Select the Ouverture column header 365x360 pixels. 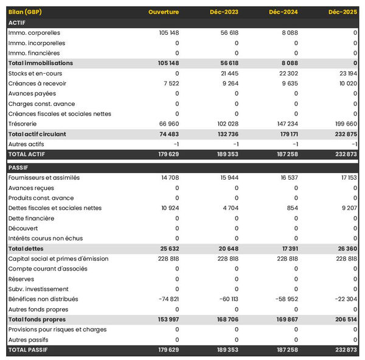coord(163,12)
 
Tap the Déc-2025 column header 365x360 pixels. coord(342,12)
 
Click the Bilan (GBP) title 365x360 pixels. coord(26,12)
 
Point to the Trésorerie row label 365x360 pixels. coord(23,124)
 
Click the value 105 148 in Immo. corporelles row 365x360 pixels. coord(165,33)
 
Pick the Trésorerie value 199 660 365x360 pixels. coord(344,124)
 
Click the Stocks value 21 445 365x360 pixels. coord(226,73)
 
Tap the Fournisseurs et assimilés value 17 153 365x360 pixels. coord(346,178)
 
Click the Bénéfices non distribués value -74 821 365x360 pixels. coord(165,299)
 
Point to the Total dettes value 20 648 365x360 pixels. coord(226,249)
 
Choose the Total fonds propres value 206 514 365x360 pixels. coord(344,319)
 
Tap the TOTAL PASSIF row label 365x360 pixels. coord(28,350)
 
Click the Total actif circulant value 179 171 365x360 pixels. coord(285,134)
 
